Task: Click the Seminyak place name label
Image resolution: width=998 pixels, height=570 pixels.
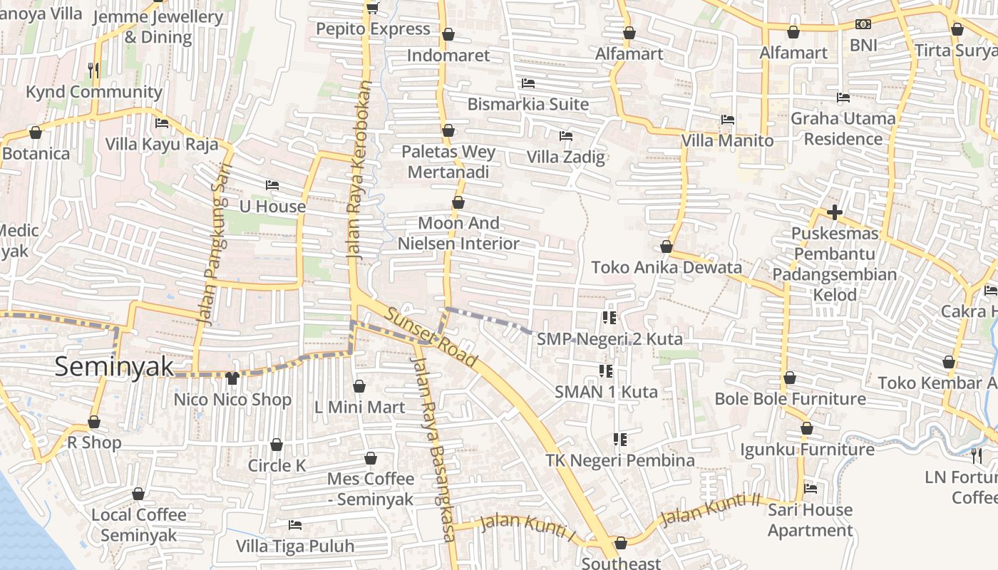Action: [114, 367]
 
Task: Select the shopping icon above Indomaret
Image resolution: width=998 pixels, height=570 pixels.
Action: [448, 34]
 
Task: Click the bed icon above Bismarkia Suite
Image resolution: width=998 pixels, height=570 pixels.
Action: [528, 83]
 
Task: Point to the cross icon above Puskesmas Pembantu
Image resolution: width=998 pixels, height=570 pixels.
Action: [834, 212]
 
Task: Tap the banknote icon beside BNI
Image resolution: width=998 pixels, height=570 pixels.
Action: [863, 24]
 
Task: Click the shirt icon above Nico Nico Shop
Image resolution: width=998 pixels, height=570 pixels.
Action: [232, 378]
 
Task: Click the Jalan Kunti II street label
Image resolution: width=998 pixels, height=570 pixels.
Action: [710, 511]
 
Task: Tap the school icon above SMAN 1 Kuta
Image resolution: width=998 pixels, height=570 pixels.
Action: [606, 370]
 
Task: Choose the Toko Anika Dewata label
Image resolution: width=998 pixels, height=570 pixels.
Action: [667, 268]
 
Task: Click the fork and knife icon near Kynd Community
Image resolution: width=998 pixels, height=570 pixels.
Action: [93, 70]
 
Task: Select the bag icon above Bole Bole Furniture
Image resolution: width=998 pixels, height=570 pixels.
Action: [790, 378]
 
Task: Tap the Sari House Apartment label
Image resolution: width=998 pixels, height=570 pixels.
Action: [810, 520]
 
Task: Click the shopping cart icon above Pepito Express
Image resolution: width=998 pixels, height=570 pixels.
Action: [371, 8]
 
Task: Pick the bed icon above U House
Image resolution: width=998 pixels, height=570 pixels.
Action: [272, 185]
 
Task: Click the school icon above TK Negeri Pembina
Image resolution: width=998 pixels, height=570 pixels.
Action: [620, 440]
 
